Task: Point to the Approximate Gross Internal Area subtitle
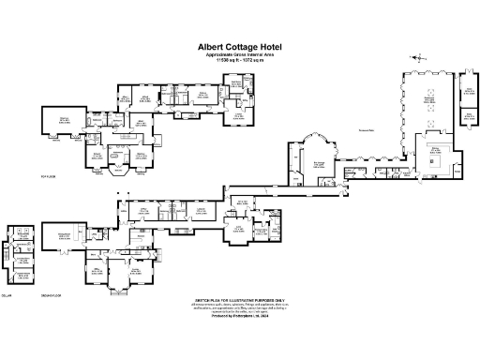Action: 240,54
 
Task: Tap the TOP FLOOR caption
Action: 49,175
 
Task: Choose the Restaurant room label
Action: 430,97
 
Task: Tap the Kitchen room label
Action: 435,150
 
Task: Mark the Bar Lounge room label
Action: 318,162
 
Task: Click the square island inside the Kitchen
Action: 434,161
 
